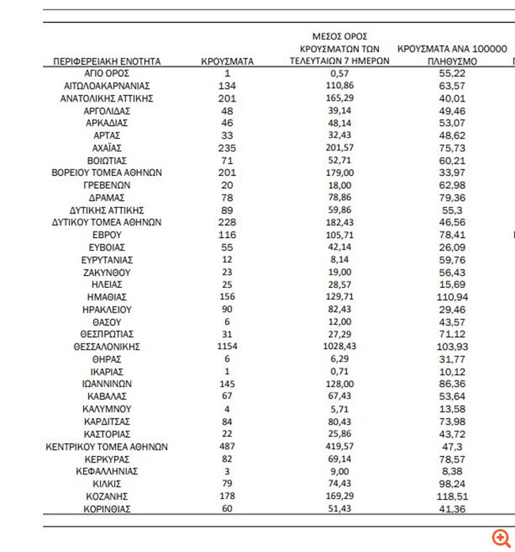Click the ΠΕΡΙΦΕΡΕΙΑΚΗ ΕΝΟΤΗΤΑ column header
106,60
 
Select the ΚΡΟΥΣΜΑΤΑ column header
227,60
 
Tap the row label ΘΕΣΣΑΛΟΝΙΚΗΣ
106,347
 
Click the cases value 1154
227,347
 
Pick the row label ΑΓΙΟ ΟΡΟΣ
106,73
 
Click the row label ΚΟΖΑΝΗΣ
106,496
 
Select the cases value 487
227,447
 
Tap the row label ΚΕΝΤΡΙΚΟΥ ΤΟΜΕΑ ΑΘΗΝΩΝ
106,447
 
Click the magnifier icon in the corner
501,538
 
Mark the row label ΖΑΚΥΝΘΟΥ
106,272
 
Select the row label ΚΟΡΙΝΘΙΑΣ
106,508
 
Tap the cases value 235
227,148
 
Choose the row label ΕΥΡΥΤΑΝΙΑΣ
106,259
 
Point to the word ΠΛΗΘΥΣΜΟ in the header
452,60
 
